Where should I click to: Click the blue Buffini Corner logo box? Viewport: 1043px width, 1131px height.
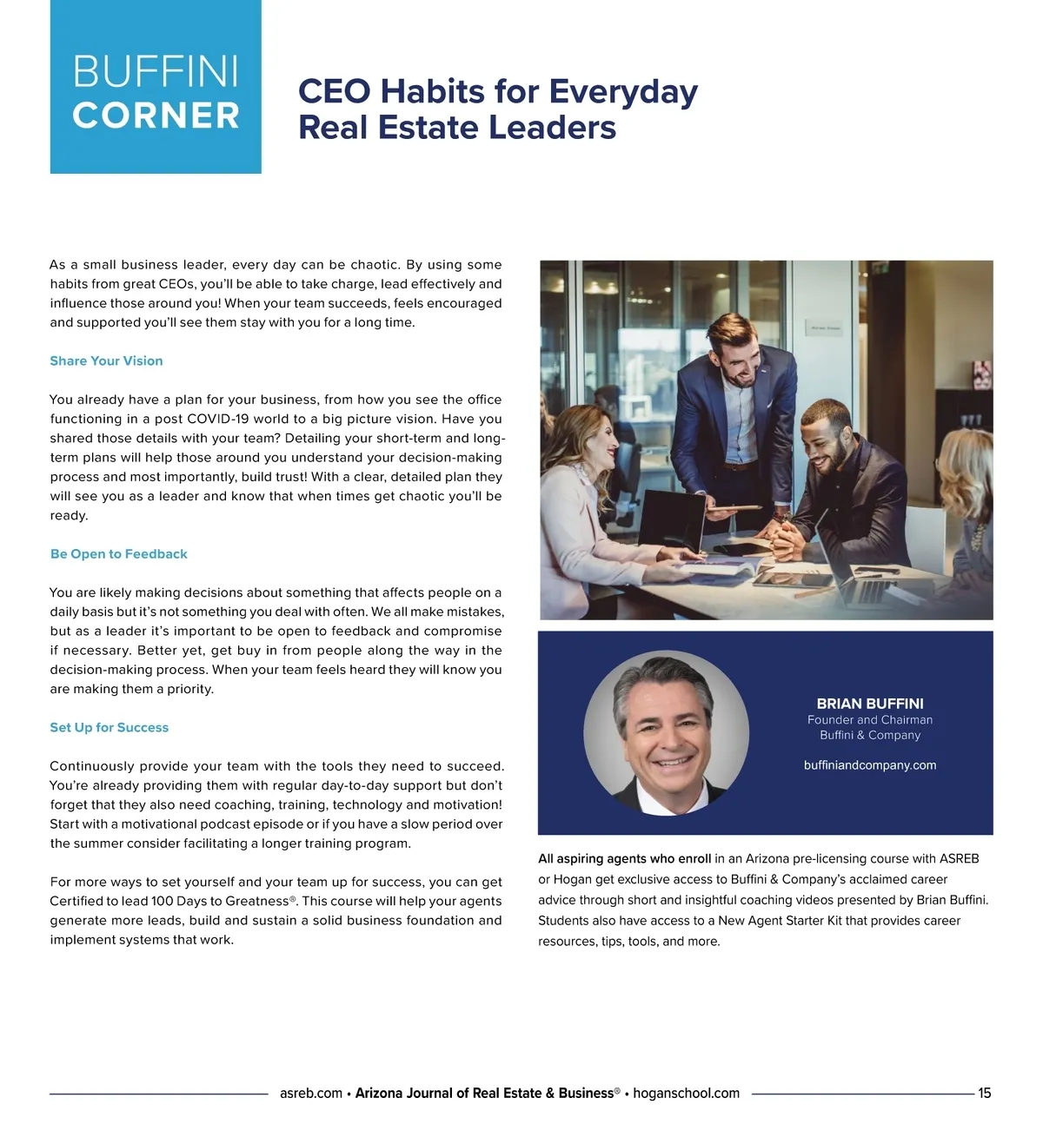(156, 87)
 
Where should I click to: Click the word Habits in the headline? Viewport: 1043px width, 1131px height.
(433, 91)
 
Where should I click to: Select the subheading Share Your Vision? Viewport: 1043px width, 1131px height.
(106, 360)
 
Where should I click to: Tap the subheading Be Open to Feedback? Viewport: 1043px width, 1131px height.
(119, 553)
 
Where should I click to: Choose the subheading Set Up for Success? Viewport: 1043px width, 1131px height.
(110, 727)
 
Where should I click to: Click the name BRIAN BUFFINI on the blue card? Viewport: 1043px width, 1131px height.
(870, 704)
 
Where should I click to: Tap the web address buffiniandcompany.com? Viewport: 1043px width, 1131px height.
(870, 765)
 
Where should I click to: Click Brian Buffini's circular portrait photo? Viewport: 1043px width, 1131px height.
(666, 733)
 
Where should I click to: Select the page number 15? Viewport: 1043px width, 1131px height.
(984, 1093)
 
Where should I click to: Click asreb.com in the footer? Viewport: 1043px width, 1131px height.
(311, 1093)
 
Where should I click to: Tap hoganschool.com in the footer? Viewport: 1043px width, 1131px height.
(687, 1093)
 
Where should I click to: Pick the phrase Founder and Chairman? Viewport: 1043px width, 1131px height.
(870, 719)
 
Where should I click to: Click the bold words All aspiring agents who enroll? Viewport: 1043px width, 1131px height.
(624, 858)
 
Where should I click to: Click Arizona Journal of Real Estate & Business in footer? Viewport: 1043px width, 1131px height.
(485, 1093)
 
